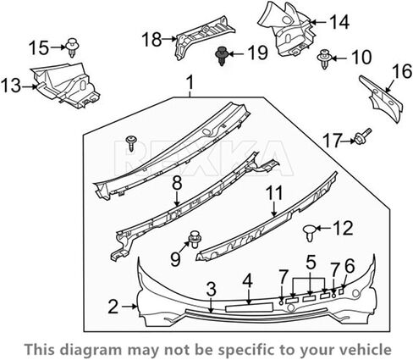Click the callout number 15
(39, 47)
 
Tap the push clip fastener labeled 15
(72, 47)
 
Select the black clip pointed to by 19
(222, 56)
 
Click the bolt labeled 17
(362, 137)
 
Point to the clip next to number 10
(324, 58)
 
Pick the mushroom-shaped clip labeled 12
(310, 232)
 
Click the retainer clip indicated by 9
(194, 240)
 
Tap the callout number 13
(11, 86)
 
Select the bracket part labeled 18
(201, 36)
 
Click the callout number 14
(340, 22)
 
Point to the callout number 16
(402, 71)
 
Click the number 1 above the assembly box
(191, 82)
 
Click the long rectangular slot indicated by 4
(249, 307)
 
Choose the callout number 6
(349, 266)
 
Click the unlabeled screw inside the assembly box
(131, 143)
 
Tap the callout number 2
(113, 307)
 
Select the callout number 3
(211, 290)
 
